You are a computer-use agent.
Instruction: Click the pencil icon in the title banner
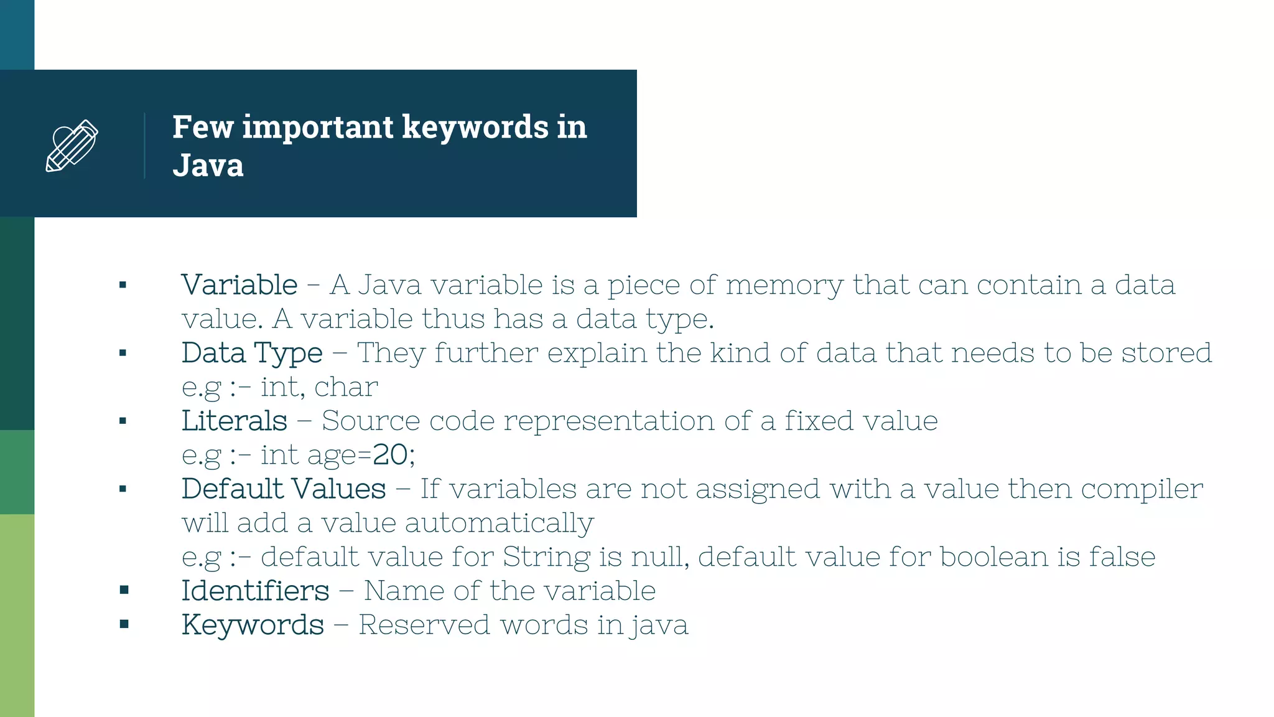(x=72, y=146)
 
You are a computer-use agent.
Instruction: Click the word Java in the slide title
(x=208, y=166)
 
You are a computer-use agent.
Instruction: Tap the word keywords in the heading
(x=475, y=127)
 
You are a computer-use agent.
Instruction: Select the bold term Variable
(x=239, y=285)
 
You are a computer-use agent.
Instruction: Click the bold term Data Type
(x=252, y=353)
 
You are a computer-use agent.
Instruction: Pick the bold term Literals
(x=235, y=421)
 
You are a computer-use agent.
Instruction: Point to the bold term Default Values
(x=284, y=489)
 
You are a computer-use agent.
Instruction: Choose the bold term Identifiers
(x=255, y=591)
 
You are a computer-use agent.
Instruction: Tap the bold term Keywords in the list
(x=253, y=625)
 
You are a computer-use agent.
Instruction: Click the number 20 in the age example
(x=390, y=455)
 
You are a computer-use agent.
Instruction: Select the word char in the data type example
(x=346, y=387)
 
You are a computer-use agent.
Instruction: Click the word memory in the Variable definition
(x=784, y=285)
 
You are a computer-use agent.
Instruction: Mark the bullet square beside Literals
(x=123, y=421)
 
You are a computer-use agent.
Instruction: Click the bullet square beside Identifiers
(x=124, y=590)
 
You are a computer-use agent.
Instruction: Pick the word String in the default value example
(x=546, y=556)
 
